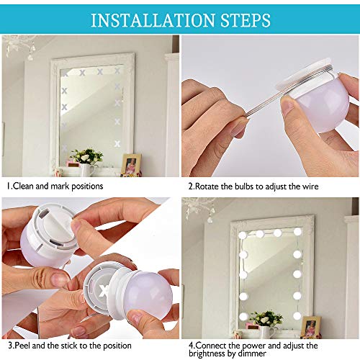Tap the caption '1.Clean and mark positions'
tap(55, 186)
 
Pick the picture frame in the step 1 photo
tap(131, 163)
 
